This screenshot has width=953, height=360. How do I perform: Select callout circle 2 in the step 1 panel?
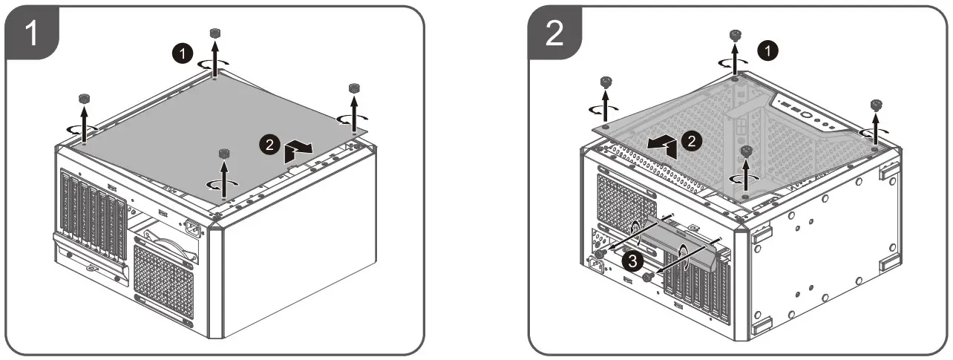click(x=269, y=145)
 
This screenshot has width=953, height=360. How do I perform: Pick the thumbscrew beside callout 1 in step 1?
click(x=215, y=33)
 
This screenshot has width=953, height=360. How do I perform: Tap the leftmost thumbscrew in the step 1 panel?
click(x=83, y=99)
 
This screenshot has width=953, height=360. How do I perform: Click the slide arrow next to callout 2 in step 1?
click(x=298, y=149)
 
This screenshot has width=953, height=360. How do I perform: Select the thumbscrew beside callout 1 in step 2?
click(x=736, y=35)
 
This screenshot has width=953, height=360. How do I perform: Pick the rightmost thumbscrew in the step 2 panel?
click(x=877, y=105)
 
